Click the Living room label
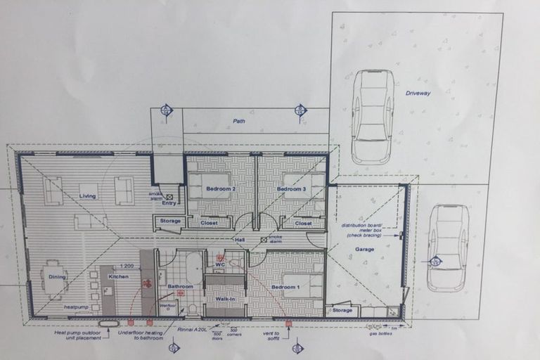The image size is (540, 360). point(88,196)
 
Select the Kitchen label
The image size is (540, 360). point(118,277)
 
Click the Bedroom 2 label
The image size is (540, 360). point(220,189)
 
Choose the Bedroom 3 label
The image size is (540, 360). point(290,189)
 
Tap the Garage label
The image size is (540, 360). point(364,249)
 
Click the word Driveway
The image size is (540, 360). point(418,93)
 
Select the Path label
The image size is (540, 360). point(240,121)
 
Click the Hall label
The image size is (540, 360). point(240,240)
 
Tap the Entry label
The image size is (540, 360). point(169,203)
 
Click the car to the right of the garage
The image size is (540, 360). point(448,247)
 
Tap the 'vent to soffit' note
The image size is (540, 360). point(271,335)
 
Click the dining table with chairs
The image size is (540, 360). point(55,279)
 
